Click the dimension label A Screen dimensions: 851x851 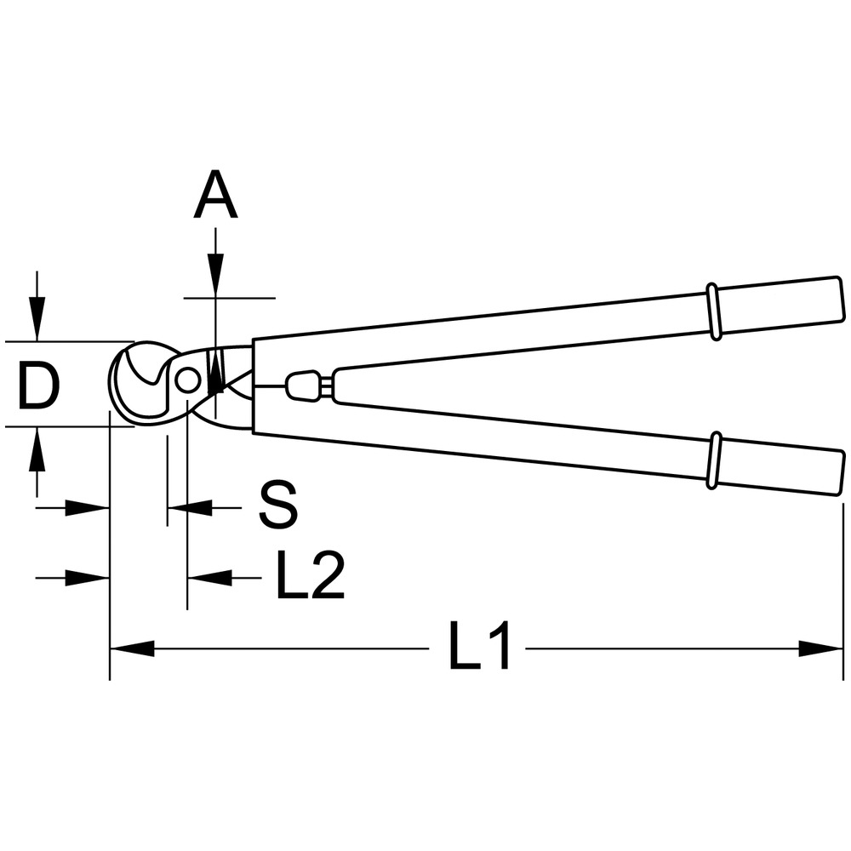[x=215, y=194]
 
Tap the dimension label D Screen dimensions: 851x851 [x=38, y=386]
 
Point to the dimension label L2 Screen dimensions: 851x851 [x=310, y=574]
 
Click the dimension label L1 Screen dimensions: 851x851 [x=480, y=645]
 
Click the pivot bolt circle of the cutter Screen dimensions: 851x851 [x=187, y=380]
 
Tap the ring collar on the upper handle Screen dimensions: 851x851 [x=713, y=312]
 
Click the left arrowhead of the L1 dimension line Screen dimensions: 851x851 [x=133, y=648]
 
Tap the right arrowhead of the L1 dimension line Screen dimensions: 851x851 [x=820, y=648]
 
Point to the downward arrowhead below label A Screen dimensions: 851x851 [x=215, y=275]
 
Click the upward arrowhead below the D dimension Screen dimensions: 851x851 [x=37, y=449]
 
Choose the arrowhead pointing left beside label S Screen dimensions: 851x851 [x=190, y=508]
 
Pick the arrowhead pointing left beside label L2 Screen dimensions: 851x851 [x=209, y=578]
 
